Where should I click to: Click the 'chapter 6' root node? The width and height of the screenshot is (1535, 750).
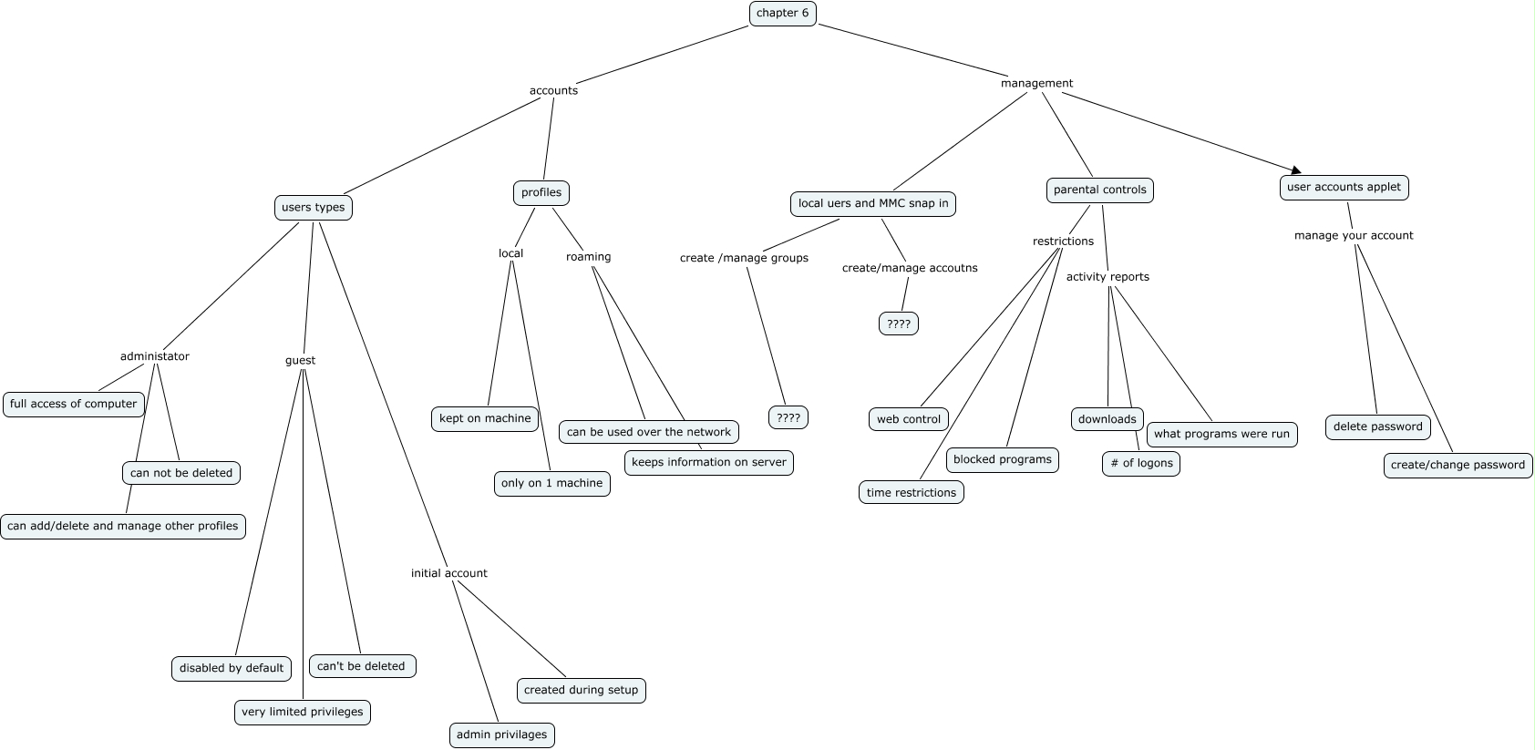(x=782, y=13)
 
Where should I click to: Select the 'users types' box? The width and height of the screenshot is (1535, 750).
(x=313, y=207)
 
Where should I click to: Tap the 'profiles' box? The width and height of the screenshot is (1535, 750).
(x=541, y=192)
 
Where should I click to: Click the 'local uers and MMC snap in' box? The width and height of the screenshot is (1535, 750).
(x=872, y=203)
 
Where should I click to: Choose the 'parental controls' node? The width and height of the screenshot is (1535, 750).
(x=1099, y=190)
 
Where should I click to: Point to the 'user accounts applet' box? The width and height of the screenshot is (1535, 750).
(x=1344, y=187)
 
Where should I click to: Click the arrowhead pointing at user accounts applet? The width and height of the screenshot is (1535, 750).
(x=1294, y=170)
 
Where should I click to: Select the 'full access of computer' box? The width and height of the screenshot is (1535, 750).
(x=74, y=404)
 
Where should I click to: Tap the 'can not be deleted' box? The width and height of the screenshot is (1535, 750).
(x=181, y=473)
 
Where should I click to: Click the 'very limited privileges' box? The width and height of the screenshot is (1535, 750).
(x=302, y=712)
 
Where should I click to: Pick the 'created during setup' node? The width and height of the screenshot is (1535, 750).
(x=581, y=690)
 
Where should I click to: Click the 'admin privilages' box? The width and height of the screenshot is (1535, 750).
(x=501, y=735)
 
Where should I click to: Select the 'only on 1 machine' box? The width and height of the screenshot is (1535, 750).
(x=551, y=483)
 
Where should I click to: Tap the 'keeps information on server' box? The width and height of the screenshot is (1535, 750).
(x=708, y=462)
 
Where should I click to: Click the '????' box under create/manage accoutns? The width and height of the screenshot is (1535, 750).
(x=898, y=324)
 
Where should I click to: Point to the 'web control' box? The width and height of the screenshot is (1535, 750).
(x=908, y=419)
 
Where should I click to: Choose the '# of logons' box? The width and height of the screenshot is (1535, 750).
(x=1140, y=463)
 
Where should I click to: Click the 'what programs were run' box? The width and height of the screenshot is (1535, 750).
(x=1221, y=434)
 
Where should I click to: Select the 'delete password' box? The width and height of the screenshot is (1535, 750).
(x=1377, y=426)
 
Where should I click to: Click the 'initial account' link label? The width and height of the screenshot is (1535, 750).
(x=448, y=573)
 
